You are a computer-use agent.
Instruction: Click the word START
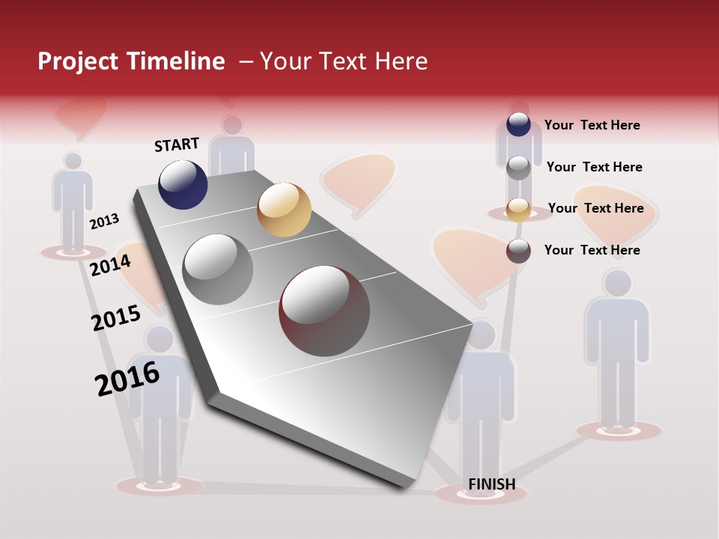177,144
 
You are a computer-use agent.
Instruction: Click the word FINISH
492,484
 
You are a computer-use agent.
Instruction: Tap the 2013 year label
105,221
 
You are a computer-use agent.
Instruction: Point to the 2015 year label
116,318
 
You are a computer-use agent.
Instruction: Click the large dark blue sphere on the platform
183,185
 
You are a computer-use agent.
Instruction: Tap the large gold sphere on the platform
284,210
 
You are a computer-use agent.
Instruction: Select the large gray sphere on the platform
218,269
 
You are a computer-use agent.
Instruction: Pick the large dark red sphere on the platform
324,311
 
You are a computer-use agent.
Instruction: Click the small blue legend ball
518,124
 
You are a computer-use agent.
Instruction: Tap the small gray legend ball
518,167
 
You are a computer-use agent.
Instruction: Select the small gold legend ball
518,209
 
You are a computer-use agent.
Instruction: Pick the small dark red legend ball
518,250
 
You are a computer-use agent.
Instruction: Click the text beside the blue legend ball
592,125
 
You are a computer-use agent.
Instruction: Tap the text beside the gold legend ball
595,208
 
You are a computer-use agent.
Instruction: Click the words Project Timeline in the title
131,61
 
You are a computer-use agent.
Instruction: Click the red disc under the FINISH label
481,496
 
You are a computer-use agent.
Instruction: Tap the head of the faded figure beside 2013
73,160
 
